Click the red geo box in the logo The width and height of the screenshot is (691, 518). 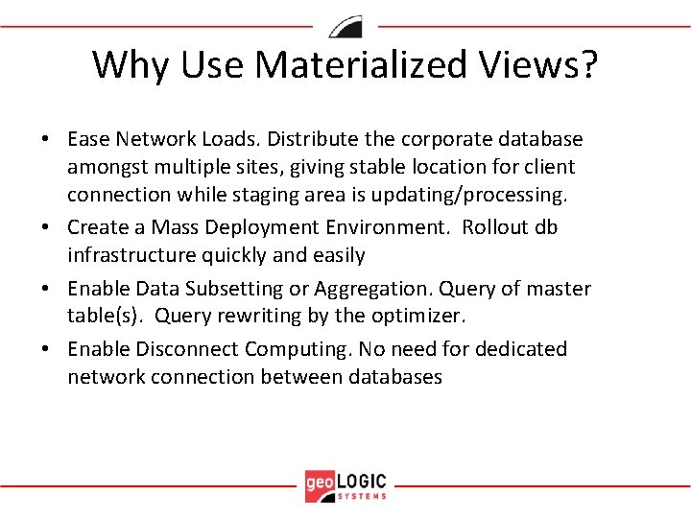click(319, 485)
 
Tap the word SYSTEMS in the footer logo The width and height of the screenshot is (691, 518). click(363, 496)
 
